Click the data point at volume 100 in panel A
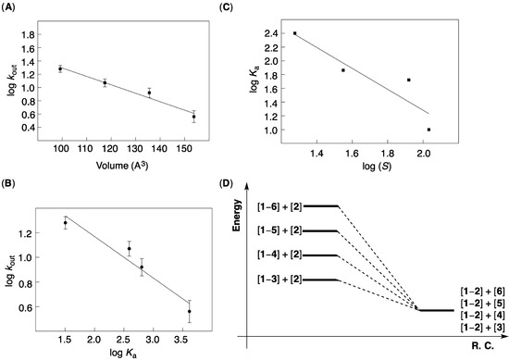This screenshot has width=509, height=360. [x=61, y=68]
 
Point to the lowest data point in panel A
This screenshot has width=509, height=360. [x=193, y=117]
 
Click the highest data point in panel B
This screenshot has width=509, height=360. [x=66, y=223]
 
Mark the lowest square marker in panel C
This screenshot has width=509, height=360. [x=428, y=130]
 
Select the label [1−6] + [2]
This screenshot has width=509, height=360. [x=277, y=205]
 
